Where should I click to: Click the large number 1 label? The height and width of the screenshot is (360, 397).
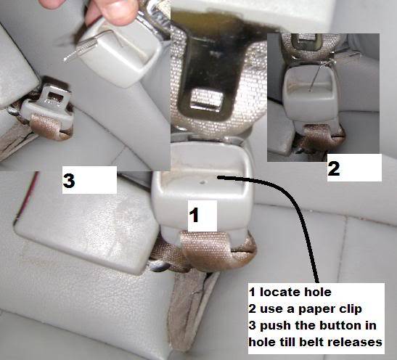[195, 215]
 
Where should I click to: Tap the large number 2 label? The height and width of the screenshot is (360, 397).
[334, 168]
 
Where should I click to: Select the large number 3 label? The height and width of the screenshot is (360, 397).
[69, 180]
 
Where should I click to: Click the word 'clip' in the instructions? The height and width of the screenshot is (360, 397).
[347, 309]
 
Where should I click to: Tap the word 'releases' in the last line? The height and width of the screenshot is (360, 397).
[355, 342]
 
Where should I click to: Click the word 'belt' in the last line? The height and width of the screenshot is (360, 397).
[313, 342]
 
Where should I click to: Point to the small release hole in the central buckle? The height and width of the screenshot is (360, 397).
[202, 181]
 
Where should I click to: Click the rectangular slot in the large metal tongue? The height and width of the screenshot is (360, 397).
[206, 99]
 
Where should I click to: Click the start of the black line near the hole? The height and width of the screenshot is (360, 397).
[218, 178]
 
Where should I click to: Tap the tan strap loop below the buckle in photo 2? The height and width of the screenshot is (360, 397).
[324, 136]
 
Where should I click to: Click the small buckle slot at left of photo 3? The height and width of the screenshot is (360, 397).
[56, 97]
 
